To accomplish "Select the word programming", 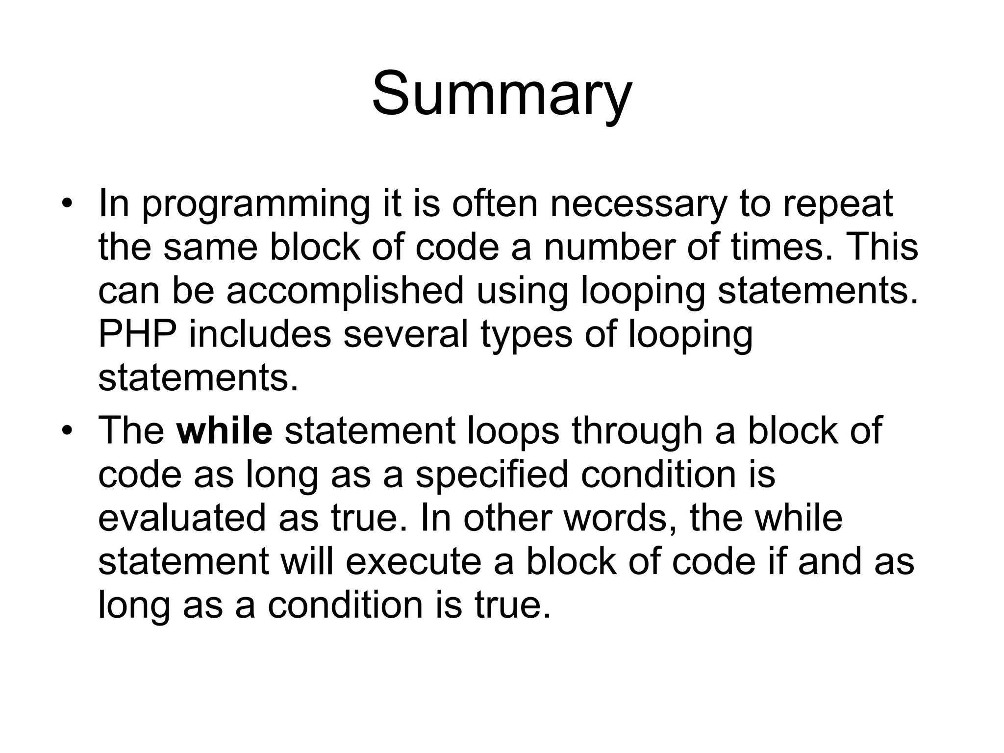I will click(x=255, y=205).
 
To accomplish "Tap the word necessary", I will click(x=637, y=205).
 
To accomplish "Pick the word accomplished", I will click(x=345, y=290).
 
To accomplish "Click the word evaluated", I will click(x=182, y=518).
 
